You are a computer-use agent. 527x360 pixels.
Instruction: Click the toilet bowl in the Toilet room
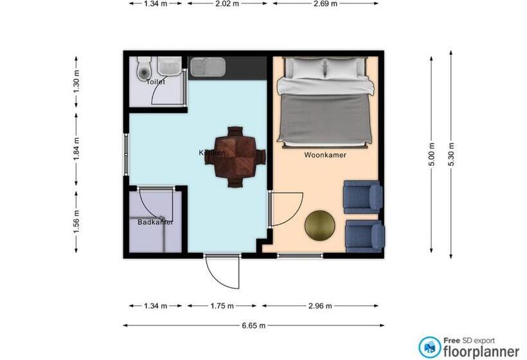pyautogui.click(x=143, y=68)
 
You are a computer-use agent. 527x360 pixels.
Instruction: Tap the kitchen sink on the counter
pyautogui.click(x=207, y=66)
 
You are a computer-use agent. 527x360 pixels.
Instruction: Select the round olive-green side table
pyautogui.click(x=319, y=226)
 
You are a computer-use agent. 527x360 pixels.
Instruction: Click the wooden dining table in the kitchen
pyautogui.click(x=235, y=156)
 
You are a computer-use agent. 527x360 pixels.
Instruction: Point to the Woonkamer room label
pyautogui.click(x=325, y=155)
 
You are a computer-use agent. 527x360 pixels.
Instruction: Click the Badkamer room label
pyautogui.click(x=156, y=222)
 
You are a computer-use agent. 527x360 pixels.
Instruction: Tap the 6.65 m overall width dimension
pyautogui.click(x=254, y=326)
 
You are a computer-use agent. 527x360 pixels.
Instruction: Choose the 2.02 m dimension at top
pyautogui.click(x=226, y=3)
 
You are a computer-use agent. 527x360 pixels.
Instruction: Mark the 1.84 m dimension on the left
pyautogui.click(x=76, y=149)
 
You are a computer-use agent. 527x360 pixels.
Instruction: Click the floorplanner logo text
pyautogui.click(x=481, y=351)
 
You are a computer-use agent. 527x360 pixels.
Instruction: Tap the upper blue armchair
pyautogui.click(x=363, y=197)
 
